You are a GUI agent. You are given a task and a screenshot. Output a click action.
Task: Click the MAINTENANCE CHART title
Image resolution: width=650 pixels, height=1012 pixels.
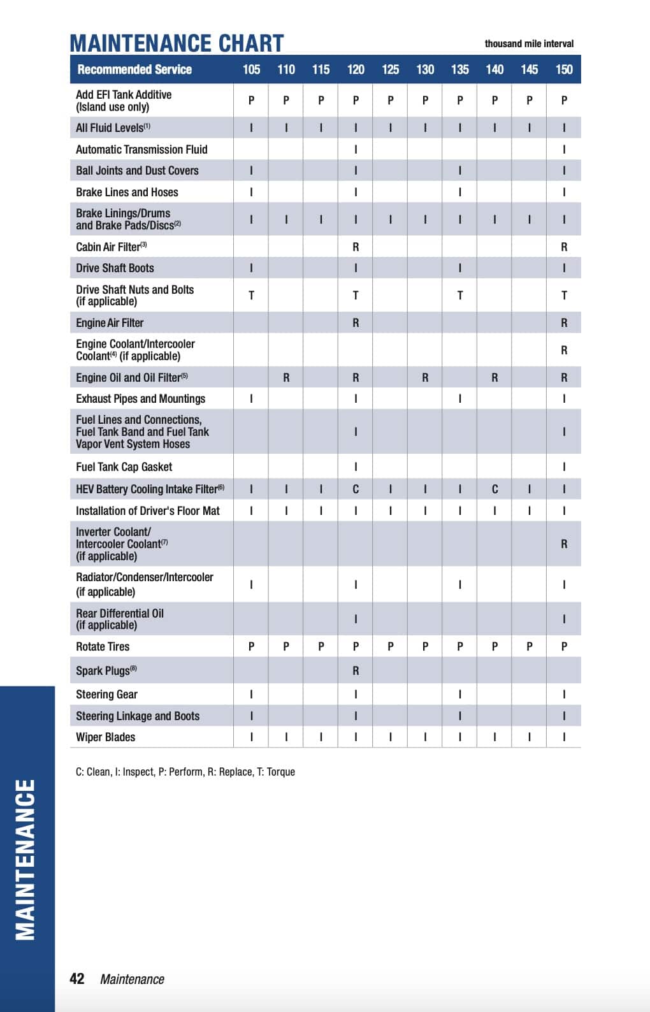click(177, 43)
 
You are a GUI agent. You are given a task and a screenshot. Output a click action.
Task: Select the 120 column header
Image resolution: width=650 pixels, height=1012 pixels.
click(356, 69)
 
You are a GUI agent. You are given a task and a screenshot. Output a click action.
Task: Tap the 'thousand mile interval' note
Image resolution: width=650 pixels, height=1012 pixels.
click(529, 44)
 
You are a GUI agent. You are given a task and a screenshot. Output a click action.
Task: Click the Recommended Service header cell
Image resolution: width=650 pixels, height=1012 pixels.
click(134, 69)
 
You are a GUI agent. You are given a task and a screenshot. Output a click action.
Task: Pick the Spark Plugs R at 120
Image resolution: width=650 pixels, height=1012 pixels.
click(356, 670)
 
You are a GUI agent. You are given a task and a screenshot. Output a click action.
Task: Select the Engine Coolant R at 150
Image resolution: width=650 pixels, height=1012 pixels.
click(564, 350)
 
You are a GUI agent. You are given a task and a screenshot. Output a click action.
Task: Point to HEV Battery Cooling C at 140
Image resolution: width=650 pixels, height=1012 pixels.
click(495, 489)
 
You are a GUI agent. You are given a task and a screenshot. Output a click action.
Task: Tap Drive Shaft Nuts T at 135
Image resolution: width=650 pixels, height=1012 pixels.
click(459, 295)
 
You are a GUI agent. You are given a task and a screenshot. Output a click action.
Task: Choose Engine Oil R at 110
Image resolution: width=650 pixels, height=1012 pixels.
click(286, 377)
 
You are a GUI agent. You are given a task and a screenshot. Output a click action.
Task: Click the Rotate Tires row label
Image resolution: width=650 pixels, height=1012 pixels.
click(103, 646)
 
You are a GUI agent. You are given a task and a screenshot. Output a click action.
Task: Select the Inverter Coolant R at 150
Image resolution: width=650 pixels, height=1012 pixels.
click(564, 544)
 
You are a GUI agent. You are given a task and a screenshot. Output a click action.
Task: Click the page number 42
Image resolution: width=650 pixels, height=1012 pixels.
click(76, 979)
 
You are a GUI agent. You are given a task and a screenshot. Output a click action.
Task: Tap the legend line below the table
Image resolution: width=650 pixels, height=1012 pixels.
click(185, 772)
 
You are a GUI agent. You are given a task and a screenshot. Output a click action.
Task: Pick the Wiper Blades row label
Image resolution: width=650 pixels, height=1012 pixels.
click(106, 737)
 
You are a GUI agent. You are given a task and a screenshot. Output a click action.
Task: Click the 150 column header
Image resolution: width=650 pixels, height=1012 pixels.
click(564, 69)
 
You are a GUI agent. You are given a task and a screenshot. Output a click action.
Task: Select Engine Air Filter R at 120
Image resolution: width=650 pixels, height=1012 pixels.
click(356, 322)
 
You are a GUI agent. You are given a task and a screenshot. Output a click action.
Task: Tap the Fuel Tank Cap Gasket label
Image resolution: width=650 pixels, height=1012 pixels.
click(124, 466)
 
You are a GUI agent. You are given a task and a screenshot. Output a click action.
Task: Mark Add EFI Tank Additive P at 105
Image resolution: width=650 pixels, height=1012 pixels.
click(251, 100)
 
